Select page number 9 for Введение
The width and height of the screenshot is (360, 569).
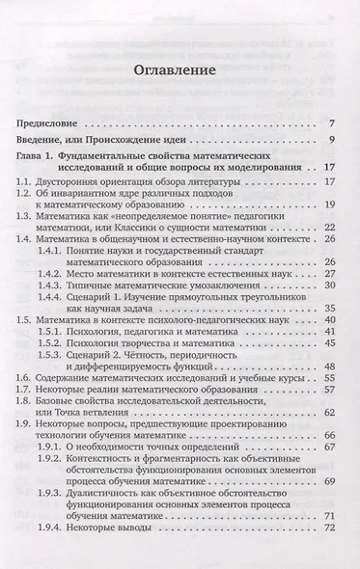(331, 143)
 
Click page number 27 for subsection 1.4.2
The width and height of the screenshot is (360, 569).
(328, 275)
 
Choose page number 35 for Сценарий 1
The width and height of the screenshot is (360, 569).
(328, 315)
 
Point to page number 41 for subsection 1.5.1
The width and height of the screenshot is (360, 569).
(328, 343)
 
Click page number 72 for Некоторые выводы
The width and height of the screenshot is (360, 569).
(328, 556)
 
